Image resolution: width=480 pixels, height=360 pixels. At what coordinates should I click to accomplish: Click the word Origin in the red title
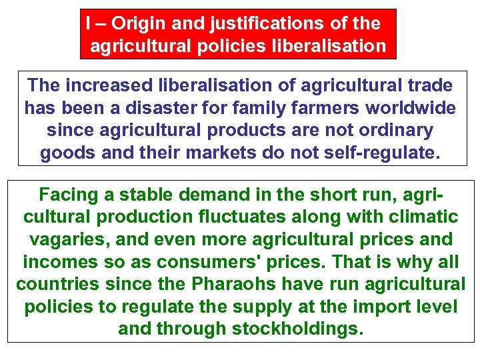(x=137, y=24)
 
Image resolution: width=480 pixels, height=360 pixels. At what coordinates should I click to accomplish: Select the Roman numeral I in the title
(x=88, y=24)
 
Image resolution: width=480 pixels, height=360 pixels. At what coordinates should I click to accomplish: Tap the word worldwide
(x=417, y=107)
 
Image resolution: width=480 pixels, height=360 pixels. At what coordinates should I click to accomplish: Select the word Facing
(x=69, y=195)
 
